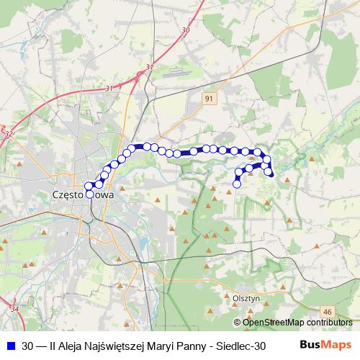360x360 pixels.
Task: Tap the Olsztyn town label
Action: (x=246, y=296)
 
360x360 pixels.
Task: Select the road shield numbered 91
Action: (x=209, y=99)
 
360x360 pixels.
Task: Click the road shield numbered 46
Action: (x=328, y=311)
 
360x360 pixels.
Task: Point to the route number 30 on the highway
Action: (x=186, y=30)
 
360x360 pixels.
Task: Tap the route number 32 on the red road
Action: (x=9, y=133)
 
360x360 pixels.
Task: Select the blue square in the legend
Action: (x=10, y=345)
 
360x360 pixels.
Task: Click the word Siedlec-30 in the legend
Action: (x=242, y=345)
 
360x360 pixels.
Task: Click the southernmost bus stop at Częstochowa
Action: (x=90, y=194)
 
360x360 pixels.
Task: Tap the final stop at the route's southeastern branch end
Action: (x=237, y=184)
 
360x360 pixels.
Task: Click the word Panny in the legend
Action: (x=191, y=345)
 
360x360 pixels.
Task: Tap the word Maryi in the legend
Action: (x=163, y=345)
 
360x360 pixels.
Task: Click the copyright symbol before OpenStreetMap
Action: (x=238, y=322)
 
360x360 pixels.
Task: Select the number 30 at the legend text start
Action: (x=28, y=345)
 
